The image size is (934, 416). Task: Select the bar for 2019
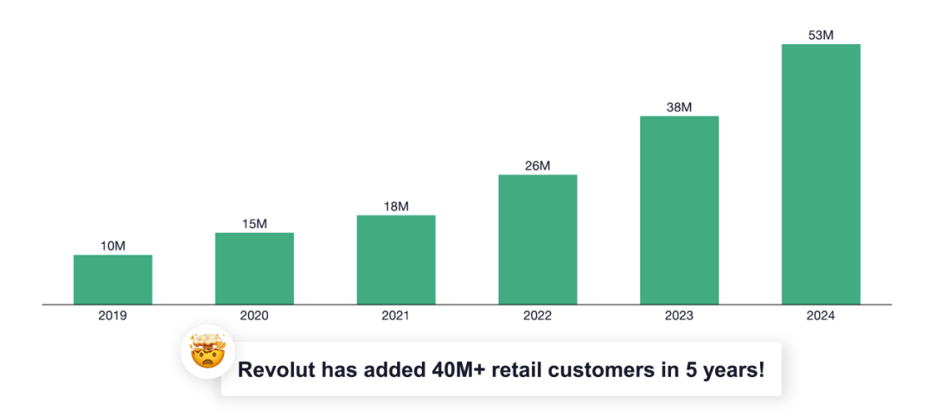click(x=112, y=279)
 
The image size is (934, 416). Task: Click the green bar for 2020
click(x=254, y=268)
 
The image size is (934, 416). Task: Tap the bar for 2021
click(x=396, y=259)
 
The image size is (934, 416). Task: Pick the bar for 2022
click(x=538, y=240)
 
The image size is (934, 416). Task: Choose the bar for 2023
click(x=680, y=210)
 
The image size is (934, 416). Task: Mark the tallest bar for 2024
click(x=822, y=174)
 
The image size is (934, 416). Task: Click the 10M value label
click(x=112, y=246)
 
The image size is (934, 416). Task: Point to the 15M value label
click(x=254, y=223)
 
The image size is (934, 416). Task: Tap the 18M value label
click(x=396, y=206)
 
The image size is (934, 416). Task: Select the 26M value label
click(x=538, y=166)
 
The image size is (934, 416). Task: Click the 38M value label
click(x=680, y=106)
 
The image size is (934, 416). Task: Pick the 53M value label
click(x=822, y=35)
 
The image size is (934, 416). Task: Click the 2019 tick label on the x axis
click(x=112, y=316)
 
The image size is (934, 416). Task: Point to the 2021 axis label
click(x=396, y=316)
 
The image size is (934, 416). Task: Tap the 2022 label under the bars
click(x=538, y=316)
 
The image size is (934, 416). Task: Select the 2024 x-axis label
click(x=822, y=316)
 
